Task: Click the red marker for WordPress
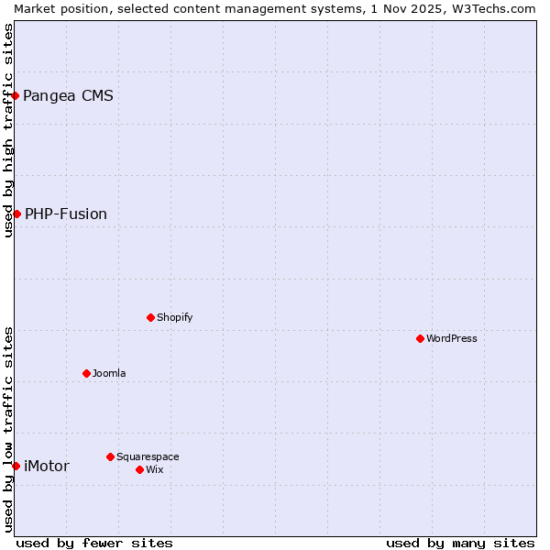click(420, 338)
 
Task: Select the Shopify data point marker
click(150, 317)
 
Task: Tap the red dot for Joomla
click(86, 373)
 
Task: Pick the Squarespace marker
click(110, 456)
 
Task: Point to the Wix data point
click(139, 469)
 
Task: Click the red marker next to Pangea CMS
click(15, 95)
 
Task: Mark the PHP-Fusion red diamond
click(16, 214)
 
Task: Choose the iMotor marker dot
click(16, 466)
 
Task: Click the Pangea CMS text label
click(68, 95)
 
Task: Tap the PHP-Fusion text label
click(66, 214)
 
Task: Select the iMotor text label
click(46, 466)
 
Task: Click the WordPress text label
click(452, 338)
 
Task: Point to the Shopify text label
click(174, 317)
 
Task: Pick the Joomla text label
click(109, 373)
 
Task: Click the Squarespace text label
click(148, 456)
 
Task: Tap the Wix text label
click(155, 469)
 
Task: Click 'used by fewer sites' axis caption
click(94, 543)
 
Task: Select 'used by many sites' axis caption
click(460, 543)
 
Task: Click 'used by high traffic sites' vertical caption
click(8, 130)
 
